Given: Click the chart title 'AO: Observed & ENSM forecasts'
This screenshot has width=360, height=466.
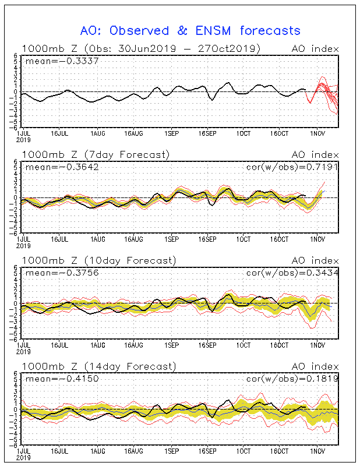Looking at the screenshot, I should point(190,31).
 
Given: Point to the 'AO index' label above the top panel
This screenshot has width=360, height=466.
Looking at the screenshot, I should point(315,48).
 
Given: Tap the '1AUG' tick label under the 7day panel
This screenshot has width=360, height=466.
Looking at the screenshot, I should point(98,239).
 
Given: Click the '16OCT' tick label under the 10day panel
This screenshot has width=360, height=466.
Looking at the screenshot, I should point(281,345).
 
